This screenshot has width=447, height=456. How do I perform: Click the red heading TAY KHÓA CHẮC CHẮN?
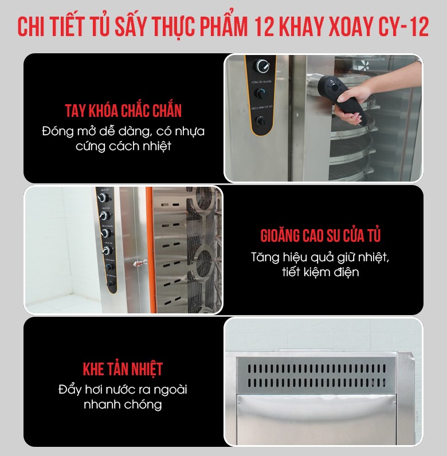click(123, 111)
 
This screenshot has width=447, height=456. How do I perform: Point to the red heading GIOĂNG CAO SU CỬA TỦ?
click(320, 235)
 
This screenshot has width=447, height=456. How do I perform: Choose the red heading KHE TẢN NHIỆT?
click(123, 369)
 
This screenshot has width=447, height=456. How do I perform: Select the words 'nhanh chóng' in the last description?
click(123, 404)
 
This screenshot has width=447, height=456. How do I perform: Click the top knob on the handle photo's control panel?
click(263, 65)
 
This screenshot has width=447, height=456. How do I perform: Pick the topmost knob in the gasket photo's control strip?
click(104, 198)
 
